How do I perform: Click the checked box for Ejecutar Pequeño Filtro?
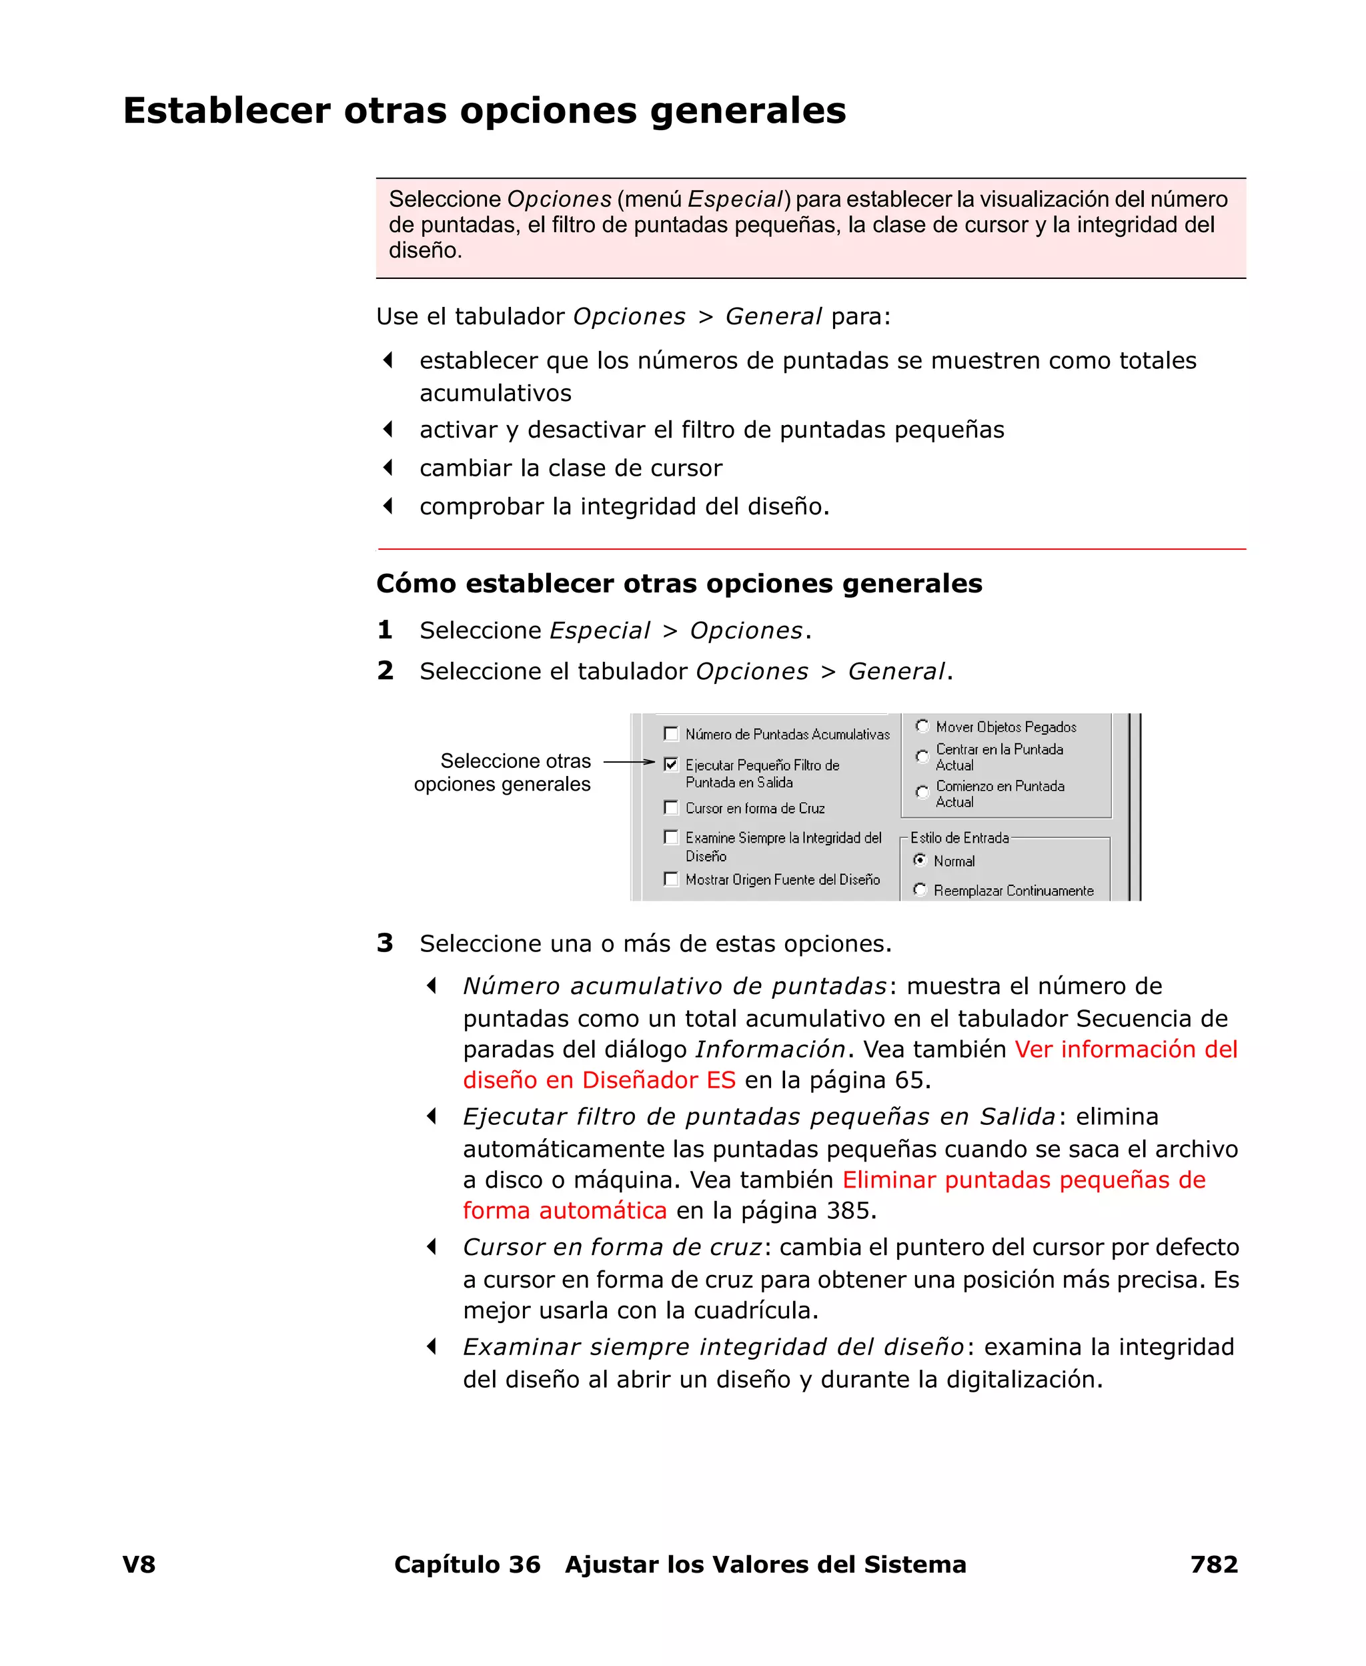pyautogui.click(x=671, y=764)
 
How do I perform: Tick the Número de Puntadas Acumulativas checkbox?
pyautogui.click(x=671, y=734)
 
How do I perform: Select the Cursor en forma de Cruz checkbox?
pyautogui.click(x=671, y=807)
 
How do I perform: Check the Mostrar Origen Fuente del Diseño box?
pyautogui.click(x=671, y=879)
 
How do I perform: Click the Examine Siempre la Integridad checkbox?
pyautogui.click(x=671, y=837)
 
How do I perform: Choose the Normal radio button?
pyautogui.click(x=920, y=860)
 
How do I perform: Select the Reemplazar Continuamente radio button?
pyautogui.click(x=920, y=890)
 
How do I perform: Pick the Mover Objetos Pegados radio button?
pyautogui.click(x=922, y=727)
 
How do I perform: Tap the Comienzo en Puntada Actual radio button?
pyautogui.click(x=922, y=793)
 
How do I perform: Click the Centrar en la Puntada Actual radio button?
pyautogui.click(x=922, y=756)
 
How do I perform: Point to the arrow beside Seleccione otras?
pyautogui.click(x=629, y=762)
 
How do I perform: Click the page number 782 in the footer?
pyautogui.click(x=1214, y=1564)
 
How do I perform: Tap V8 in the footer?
pyautogui.click(x=139, y=1564)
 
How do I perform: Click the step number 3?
pyautogui.click(x=385, y=943)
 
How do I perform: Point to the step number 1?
pyautogui.click(x=385, y=630)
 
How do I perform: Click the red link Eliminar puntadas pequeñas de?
pyautogui.click(x=1024, y=1180)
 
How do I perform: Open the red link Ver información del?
pyautogui.click(x=1126, y=1049)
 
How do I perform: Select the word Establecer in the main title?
pyautogui.click(x=227, y=110)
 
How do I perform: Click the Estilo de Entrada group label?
pyautogui.click(x=959, y=838)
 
